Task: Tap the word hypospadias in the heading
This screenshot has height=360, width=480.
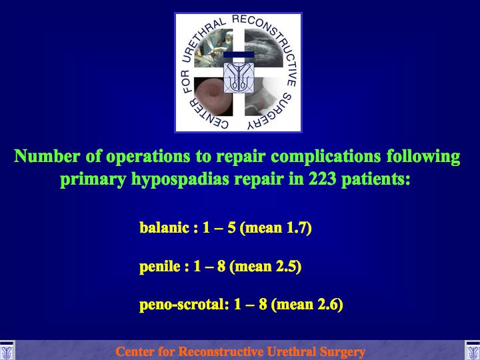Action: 180,180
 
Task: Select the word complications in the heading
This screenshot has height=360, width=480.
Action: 326,157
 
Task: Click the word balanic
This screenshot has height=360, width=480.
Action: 164,227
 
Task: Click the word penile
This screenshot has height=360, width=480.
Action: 160,266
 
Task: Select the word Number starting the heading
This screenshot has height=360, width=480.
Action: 47,156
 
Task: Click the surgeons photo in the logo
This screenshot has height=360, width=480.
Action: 213,48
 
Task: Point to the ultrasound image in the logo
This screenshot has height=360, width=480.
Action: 263,48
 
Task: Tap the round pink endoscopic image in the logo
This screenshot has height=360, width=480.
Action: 213,97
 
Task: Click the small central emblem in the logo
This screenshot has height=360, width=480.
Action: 239,77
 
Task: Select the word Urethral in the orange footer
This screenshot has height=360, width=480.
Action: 291,352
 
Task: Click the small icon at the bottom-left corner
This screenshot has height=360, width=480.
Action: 7,351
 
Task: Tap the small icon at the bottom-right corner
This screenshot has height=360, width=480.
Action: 473,351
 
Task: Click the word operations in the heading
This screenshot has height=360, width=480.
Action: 148,157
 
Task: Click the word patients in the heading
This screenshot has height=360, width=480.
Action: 375,179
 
